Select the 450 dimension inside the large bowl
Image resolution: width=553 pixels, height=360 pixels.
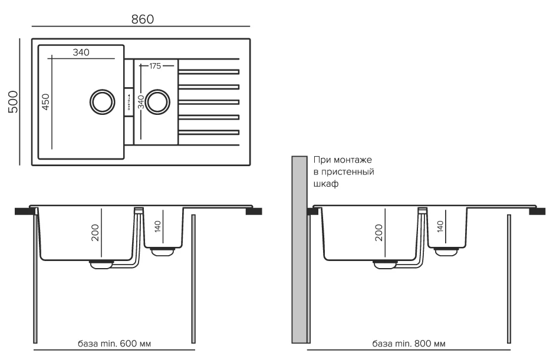point(45,102)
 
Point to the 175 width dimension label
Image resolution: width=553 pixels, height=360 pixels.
point(155,66)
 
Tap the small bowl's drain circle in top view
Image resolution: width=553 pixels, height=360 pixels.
point(157,101)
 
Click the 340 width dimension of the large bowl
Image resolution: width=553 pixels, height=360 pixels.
point(81,52)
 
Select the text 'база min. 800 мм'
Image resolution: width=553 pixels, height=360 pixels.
point(409,344)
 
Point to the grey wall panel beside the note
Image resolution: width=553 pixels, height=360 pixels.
point(299,247)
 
